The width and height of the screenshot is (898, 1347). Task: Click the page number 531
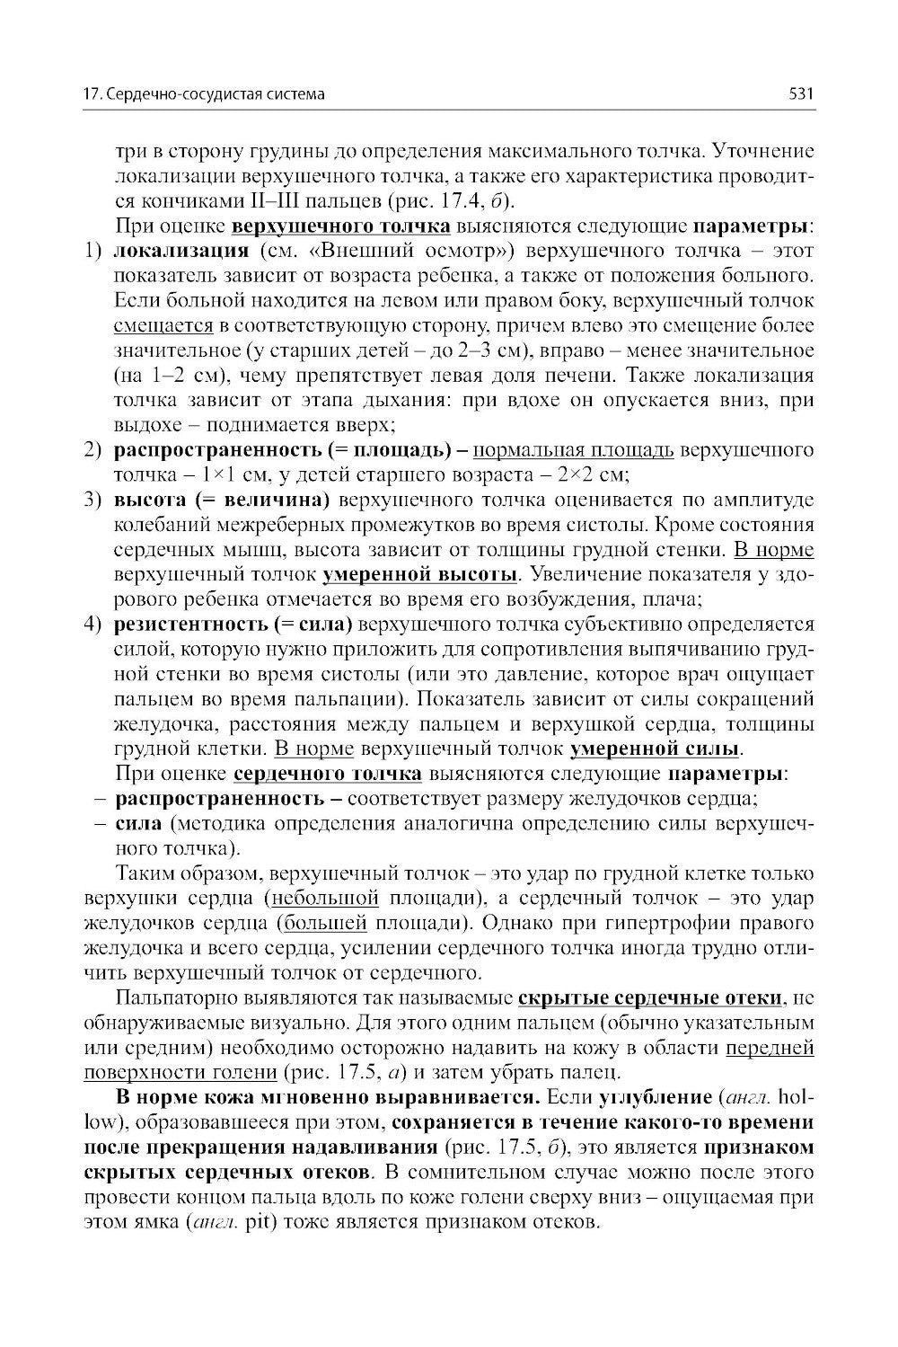800,93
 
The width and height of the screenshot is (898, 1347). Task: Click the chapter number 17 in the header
90,93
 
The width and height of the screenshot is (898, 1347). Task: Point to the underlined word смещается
163,324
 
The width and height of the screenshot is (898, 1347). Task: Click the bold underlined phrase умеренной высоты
419,573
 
